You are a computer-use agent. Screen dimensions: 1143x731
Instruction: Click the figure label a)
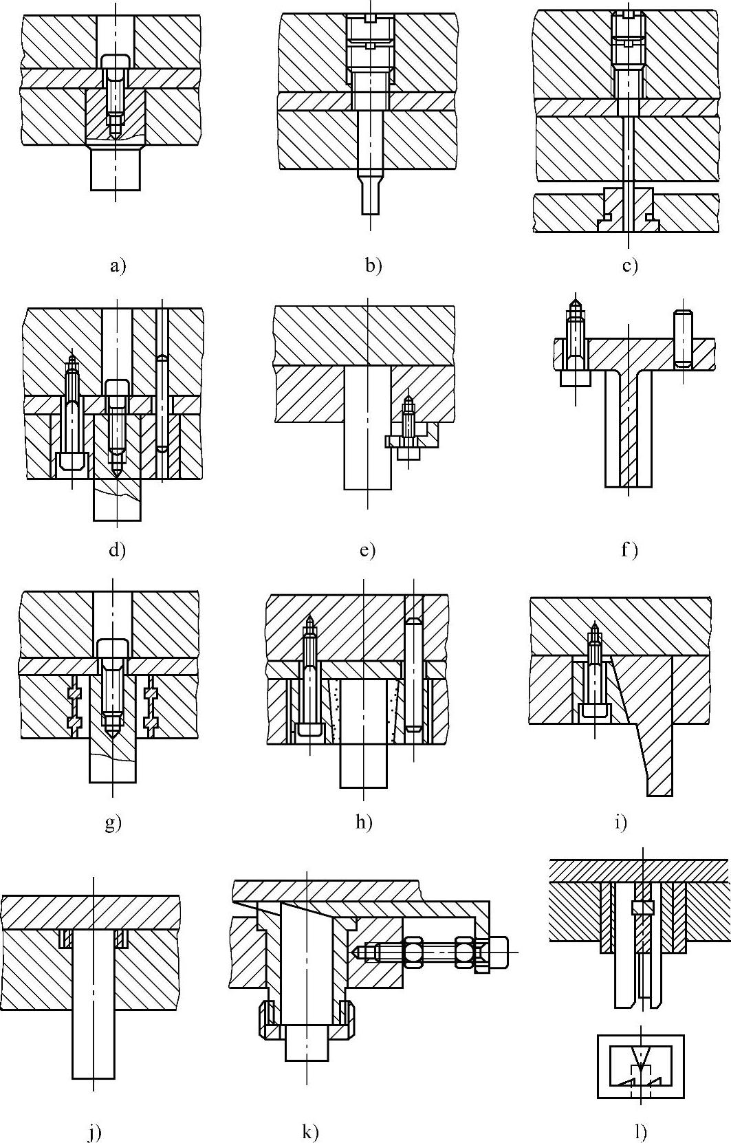tap(118, 265)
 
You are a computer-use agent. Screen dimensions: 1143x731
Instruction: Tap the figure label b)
tap(373, 265)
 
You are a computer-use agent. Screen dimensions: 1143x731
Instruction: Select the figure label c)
tap(630, 265)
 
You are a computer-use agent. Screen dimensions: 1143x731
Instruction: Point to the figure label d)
tap(118, 549)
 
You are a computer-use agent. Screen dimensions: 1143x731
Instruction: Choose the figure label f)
tap(629, 549)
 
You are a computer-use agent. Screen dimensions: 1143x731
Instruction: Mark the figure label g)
tap(113, 822)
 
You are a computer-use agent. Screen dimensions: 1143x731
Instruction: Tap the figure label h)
tap(364, 822)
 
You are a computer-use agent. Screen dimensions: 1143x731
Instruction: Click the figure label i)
tap(620, 822)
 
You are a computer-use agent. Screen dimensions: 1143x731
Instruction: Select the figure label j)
tap(95, 1132)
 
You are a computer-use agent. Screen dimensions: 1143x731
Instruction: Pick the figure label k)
tap(310, 1132)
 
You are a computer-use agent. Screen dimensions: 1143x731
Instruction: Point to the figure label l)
tap(641, 1132)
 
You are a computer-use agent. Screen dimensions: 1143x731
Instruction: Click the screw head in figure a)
tap(116, 61)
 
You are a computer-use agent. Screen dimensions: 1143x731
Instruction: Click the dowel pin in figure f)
tap(682, 338)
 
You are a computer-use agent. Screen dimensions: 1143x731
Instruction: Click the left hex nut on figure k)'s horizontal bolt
tap(416, 952)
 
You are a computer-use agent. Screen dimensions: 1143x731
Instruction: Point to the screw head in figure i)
tap(594, 711)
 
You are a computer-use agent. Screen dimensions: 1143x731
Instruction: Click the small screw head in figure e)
tap(408, 453)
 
